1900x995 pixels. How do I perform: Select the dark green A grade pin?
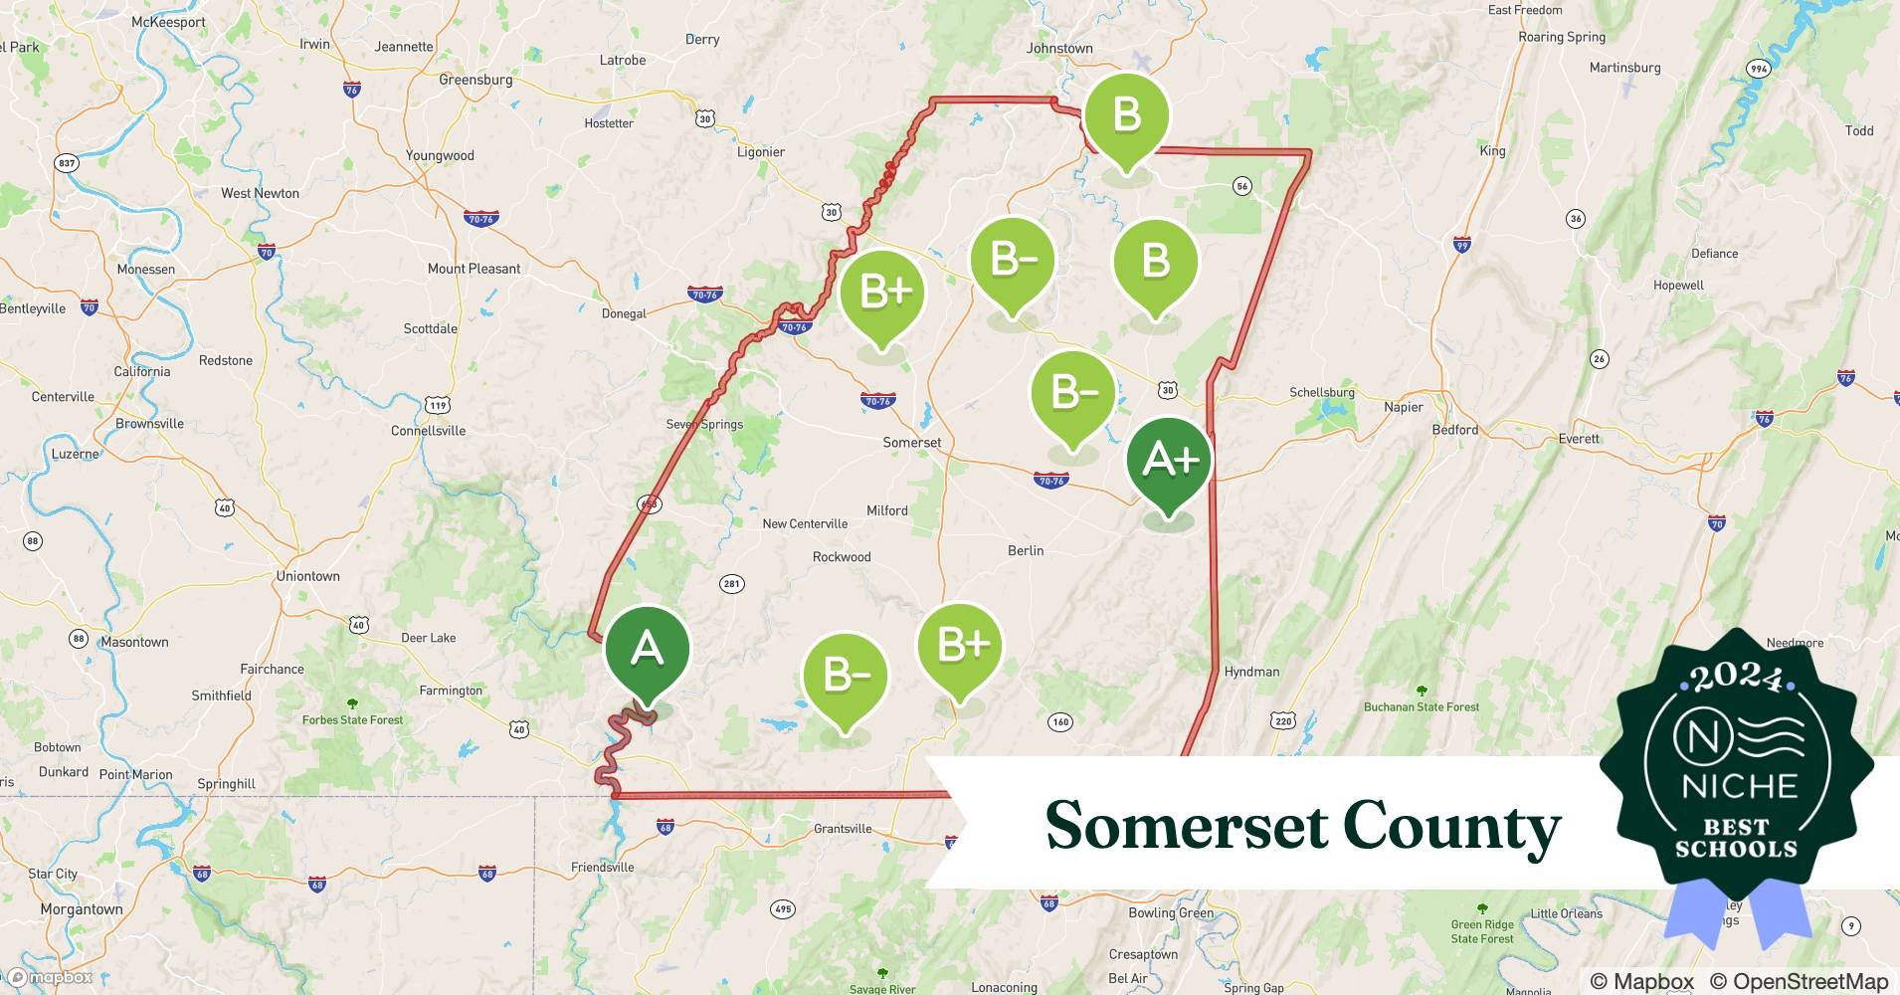click(x=647, y=651)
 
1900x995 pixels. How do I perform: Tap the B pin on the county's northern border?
click(x=1126, y=116)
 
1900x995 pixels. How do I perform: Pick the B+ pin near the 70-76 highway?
click(x=881, y=293)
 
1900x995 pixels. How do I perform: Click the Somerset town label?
click(x=911, y=443)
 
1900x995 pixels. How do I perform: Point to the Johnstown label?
click(x=1058, y=48)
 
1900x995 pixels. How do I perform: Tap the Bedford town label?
click(x=1454, y=430)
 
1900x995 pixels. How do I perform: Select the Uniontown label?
click(x=307, y=576)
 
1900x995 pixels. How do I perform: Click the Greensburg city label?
click(x=475, y=80)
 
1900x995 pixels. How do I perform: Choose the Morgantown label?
click(x=82, y=909)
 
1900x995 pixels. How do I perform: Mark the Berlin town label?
click(x=1025, y=550)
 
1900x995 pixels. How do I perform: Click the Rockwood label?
click(x=842, y=557)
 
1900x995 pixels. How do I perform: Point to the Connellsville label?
click(x=428, y=431)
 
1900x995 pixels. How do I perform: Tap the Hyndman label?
click(x=1251, y=672)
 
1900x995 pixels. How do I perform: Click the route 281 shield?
click(x=731, y=584)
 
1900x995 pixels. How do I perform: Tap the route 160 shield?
click(x=1060, y=722)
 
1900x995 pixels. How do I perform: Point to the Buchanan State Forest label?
click(x=1421, y=707)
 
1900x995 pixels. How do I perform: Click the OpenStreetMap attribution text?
click(x=1799, y=981)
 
